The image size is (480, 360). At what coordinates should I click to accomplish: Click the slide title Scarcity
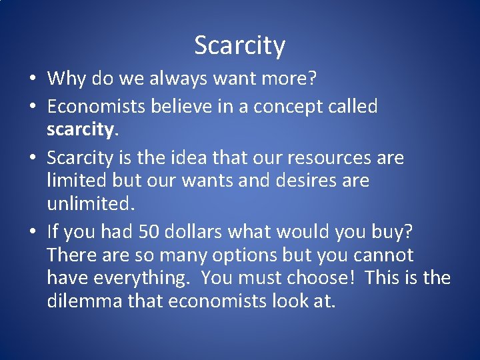tap(240, 45)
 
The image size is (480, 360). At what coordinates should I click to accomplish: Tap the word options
tap(255, 255)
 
